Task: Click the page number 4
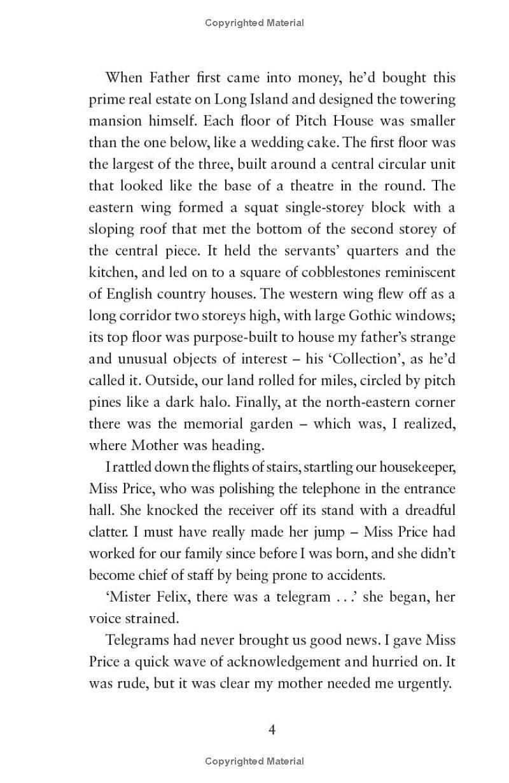tap(272, 730)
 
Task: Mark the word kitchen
tap(111, 272)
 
